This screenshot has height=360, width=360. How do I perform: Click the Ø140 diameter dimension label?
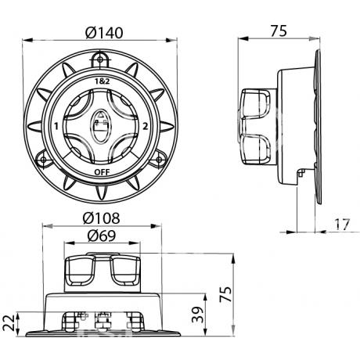104,33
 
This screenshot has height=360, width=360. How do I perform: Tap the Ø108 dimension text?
101,218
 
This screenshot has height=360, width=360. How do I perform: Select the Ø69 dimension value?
102,236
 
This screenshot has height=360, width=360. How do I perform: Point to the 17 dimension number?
342,225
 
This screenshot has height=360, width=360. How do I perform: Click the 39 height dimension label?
198,315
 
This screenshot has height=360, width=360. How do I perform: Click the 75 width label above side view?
279,31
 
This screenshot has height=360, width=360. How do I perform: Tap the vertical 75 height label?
225,294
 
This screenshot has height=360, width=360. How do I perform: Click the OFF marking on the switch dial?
102,172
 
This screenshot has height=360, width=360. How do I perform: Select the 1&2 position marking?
102,81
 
